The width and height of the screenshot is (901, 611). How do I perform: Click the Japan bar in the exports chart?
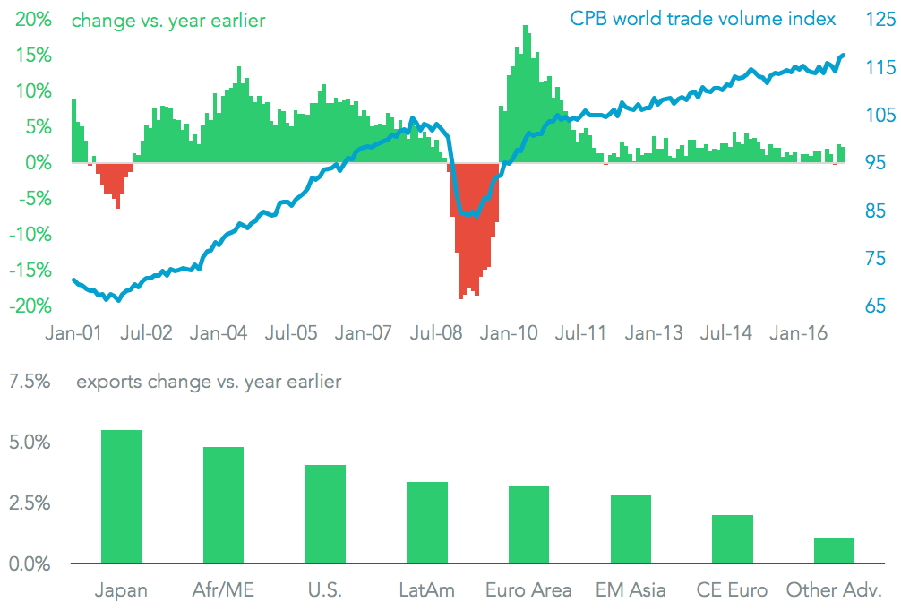[x=121, y=497]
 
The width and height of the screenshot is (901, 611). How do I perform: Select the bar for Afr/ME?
[x=223, y=505]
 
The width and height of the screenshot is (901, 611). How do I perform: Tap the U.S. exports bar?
[x=325, y=514]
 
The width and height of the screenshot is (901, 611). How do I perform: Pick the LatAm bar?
[x=427, y=523]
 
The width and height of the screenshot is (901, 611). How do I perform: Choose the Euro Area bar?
[x=528, y=525]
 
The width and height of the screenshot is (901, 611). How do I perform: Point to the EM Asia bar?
[x=631, y=529]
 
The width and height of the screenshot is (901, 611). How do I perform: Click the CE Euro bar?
[x=733, y=539]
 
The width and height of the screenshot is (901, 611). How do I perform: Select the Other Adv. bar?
[x=834, y=550]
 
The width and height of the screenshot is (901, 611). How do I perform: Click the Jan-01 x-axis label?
[x=73, y=333]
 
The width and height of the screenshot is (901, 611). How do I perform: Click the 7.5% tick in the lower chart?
[x=29, y=382]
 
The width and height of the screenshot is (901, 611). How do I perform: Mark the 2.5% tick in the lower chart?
[x=29, y=503]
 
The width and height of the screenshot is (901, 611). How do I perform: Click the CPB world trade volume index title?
[x=703, y=19]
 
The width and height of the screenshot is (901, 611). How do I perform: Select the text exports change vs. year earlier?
[x=209, y=382]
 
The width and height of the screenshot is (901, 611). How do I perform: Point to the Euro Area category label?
[x=528, y=589]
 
